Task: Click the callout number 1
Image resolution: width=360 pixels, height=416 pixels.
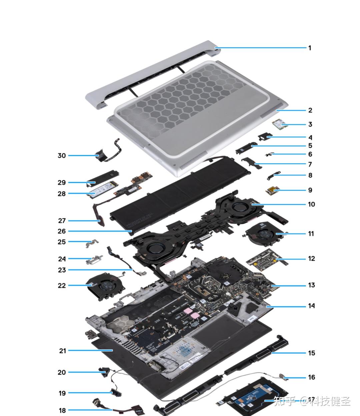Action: coord(310,48)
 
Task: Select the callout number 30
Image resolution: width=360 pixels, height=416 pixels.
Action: coord(62,156)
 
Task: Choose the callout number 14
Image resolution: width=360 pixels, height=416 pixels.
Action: coord(311,306)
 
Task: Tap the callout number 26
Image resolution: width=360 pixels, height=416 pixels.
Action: coord(62,231)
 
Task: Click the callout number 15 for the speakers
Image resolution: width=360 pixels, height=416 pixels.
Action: coord(311,353)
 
